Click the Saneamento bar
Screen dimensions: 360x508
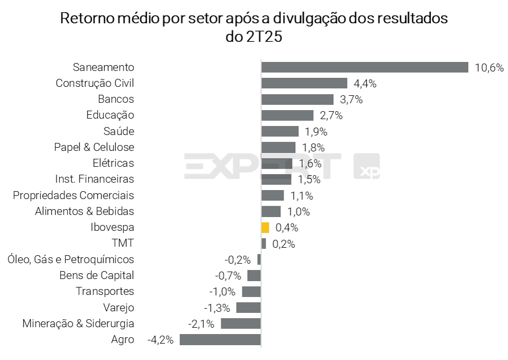pyautogui.click(x=365, y=67)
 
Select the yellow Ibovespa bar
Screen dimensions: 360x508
pyautogui.click(x=265, y=228)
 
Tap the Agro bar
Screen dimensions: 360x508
pyautogui.click(x=220, y=339)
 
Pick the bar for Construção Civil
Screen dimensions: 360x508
pyautogui.click(x=304, y=83)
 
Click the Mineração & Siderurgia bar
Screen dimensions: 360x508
pyautogui.click(x=241, y=323)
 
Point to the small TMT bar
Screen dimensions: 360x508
pyautogui.click(x=264, y=244)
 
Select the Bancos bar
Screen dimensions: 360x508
pyautogui.click(x=297, y=100)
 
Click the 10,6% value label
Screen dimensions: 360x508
pyautogui.click(x=489, y=68)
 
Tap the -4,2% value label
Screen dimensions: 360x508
pyautogui.click(x=160, y=340)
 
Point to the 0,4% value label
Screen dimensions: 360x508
pyautogui.click(x=287, y=228)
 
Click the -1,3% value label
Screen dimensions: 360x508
pyautogui.click(x=217, y=308)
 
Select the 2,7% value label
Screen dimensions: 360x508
pyautogui.click(x=331, y=115)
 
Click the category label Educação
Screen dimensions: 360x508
pyautogui.click(x=110, y=115)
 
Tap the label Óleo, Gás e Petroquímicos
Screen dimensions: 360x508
pyautogui.click(x=71, y=259)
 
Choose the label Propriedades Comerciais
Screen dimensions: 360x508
pyautogui.click(x=74, y=195)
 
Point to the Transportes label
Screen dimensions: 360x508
pyautogui.click(x=105, y=291)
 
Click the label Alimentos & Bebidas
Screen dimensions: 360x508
pyautogui.click(x=85, y=211)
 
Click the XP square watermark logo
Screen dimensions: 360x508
pyautogui.click(x=366, y=167)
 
